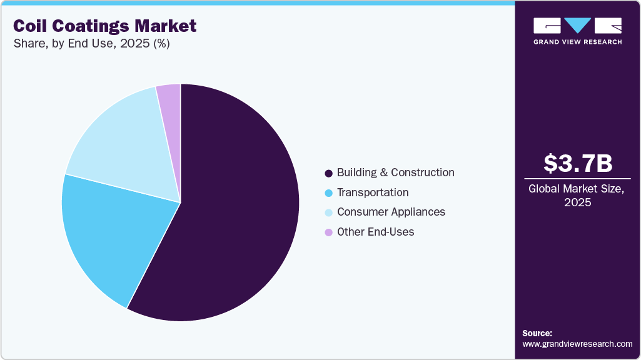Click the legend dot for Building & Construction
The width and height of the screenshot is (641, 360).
(328, 173)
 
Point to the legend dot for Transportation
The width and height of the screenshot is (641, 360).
(328, 193)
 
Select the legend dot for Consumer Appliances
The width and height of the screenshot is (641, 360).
(328, 212)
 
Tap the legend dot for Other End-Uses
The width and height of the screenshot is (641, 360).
(328, 232)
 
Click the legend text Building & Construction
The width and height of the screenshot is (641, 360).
(395, 172)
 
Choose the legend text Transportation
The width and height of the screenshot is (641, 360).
(373, 192)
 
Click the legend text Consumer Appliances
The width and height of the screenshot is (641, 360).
(391, 212)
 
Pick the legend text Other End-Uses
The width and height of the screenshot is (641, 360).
(375, 232)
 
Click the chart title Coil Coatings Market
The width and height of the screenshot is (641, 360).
(104, 26)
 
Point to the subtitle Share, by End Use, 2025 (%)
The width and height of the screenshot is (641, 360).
(91, 44)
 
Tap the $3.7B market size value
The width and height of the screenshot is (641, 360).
(577, 163)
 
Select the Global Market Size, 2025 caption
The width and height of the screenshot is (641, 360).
(577, 195)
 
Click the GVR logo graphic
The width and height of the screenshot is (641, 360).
(577, 26)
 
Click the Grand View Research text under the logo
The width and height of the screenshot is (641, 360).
(577, 42)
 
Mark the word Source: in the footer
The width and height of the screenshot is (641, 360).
(537, 333)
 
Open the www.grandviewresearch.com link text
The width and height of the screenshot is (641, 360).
(577, 344)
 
